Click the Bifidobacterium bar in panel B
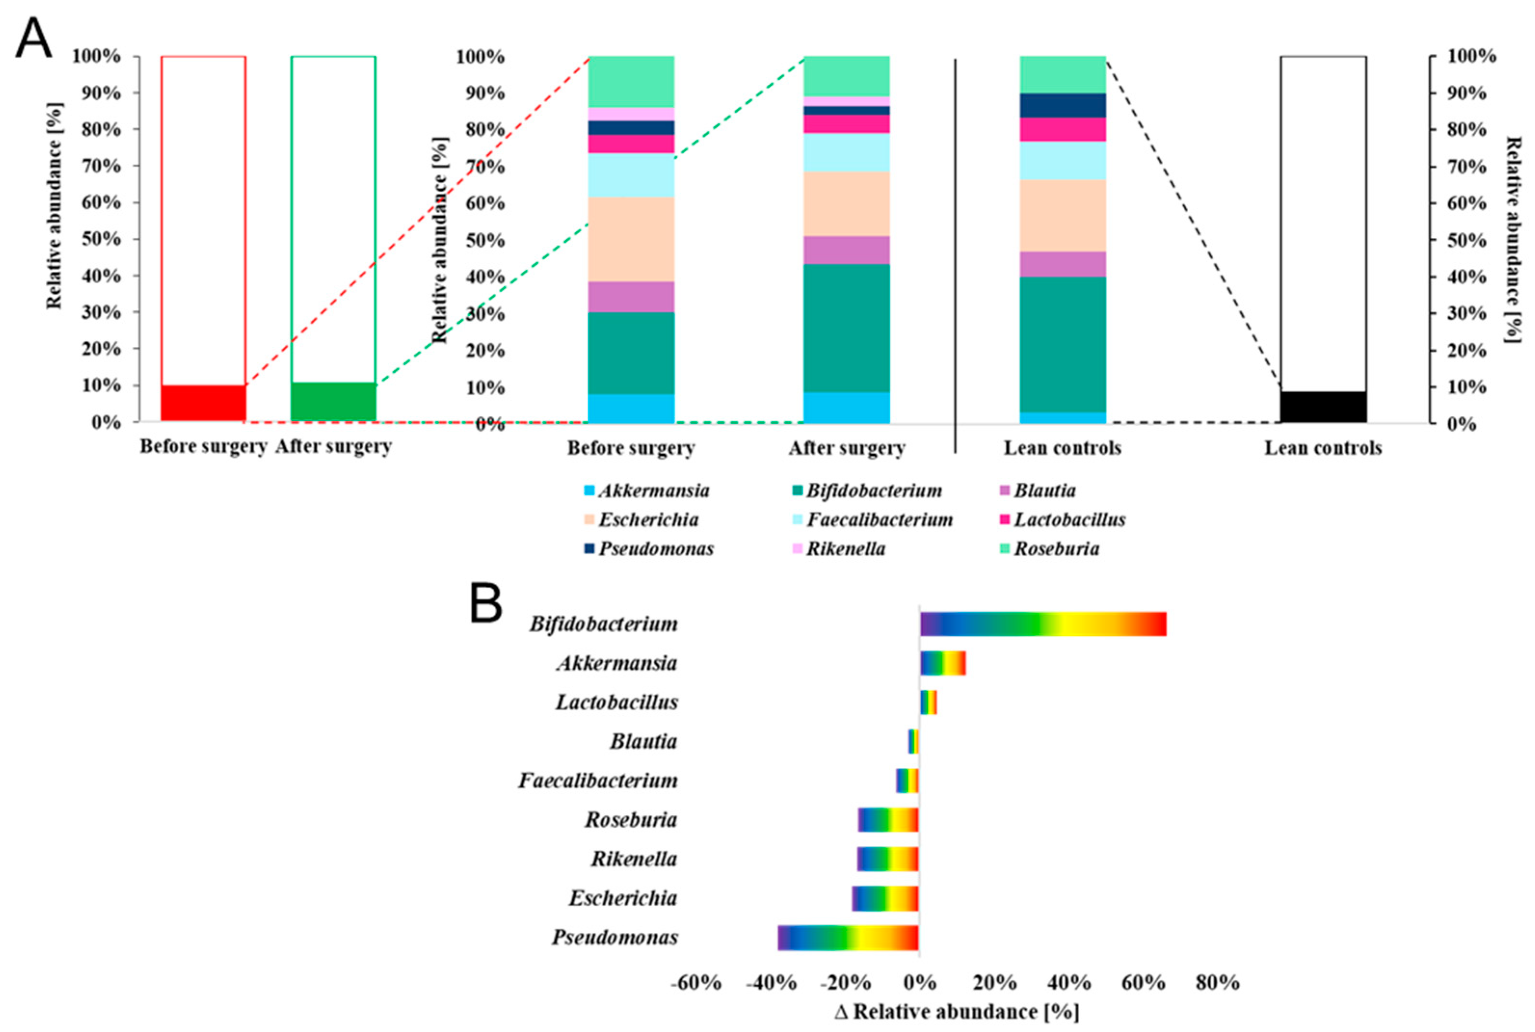(x=1043, y=624)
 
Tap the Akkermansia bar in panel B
(x=942, y=663)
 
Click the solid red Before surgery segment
(x=203, y=403)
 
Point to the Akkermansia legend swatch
(x=589, y=491)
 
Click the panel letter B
(x=486, y=604)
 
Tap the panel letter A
(x=33, y=40)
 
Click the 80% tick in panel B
(x=1217, y=983)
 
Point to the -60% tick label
(x=696, y=983)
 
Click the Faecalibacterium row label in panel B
(x=598, y=781)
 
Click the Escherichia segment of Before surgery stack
(x=631, y=239)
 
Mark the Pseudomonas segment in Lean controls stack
(x=1062, y=106)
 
